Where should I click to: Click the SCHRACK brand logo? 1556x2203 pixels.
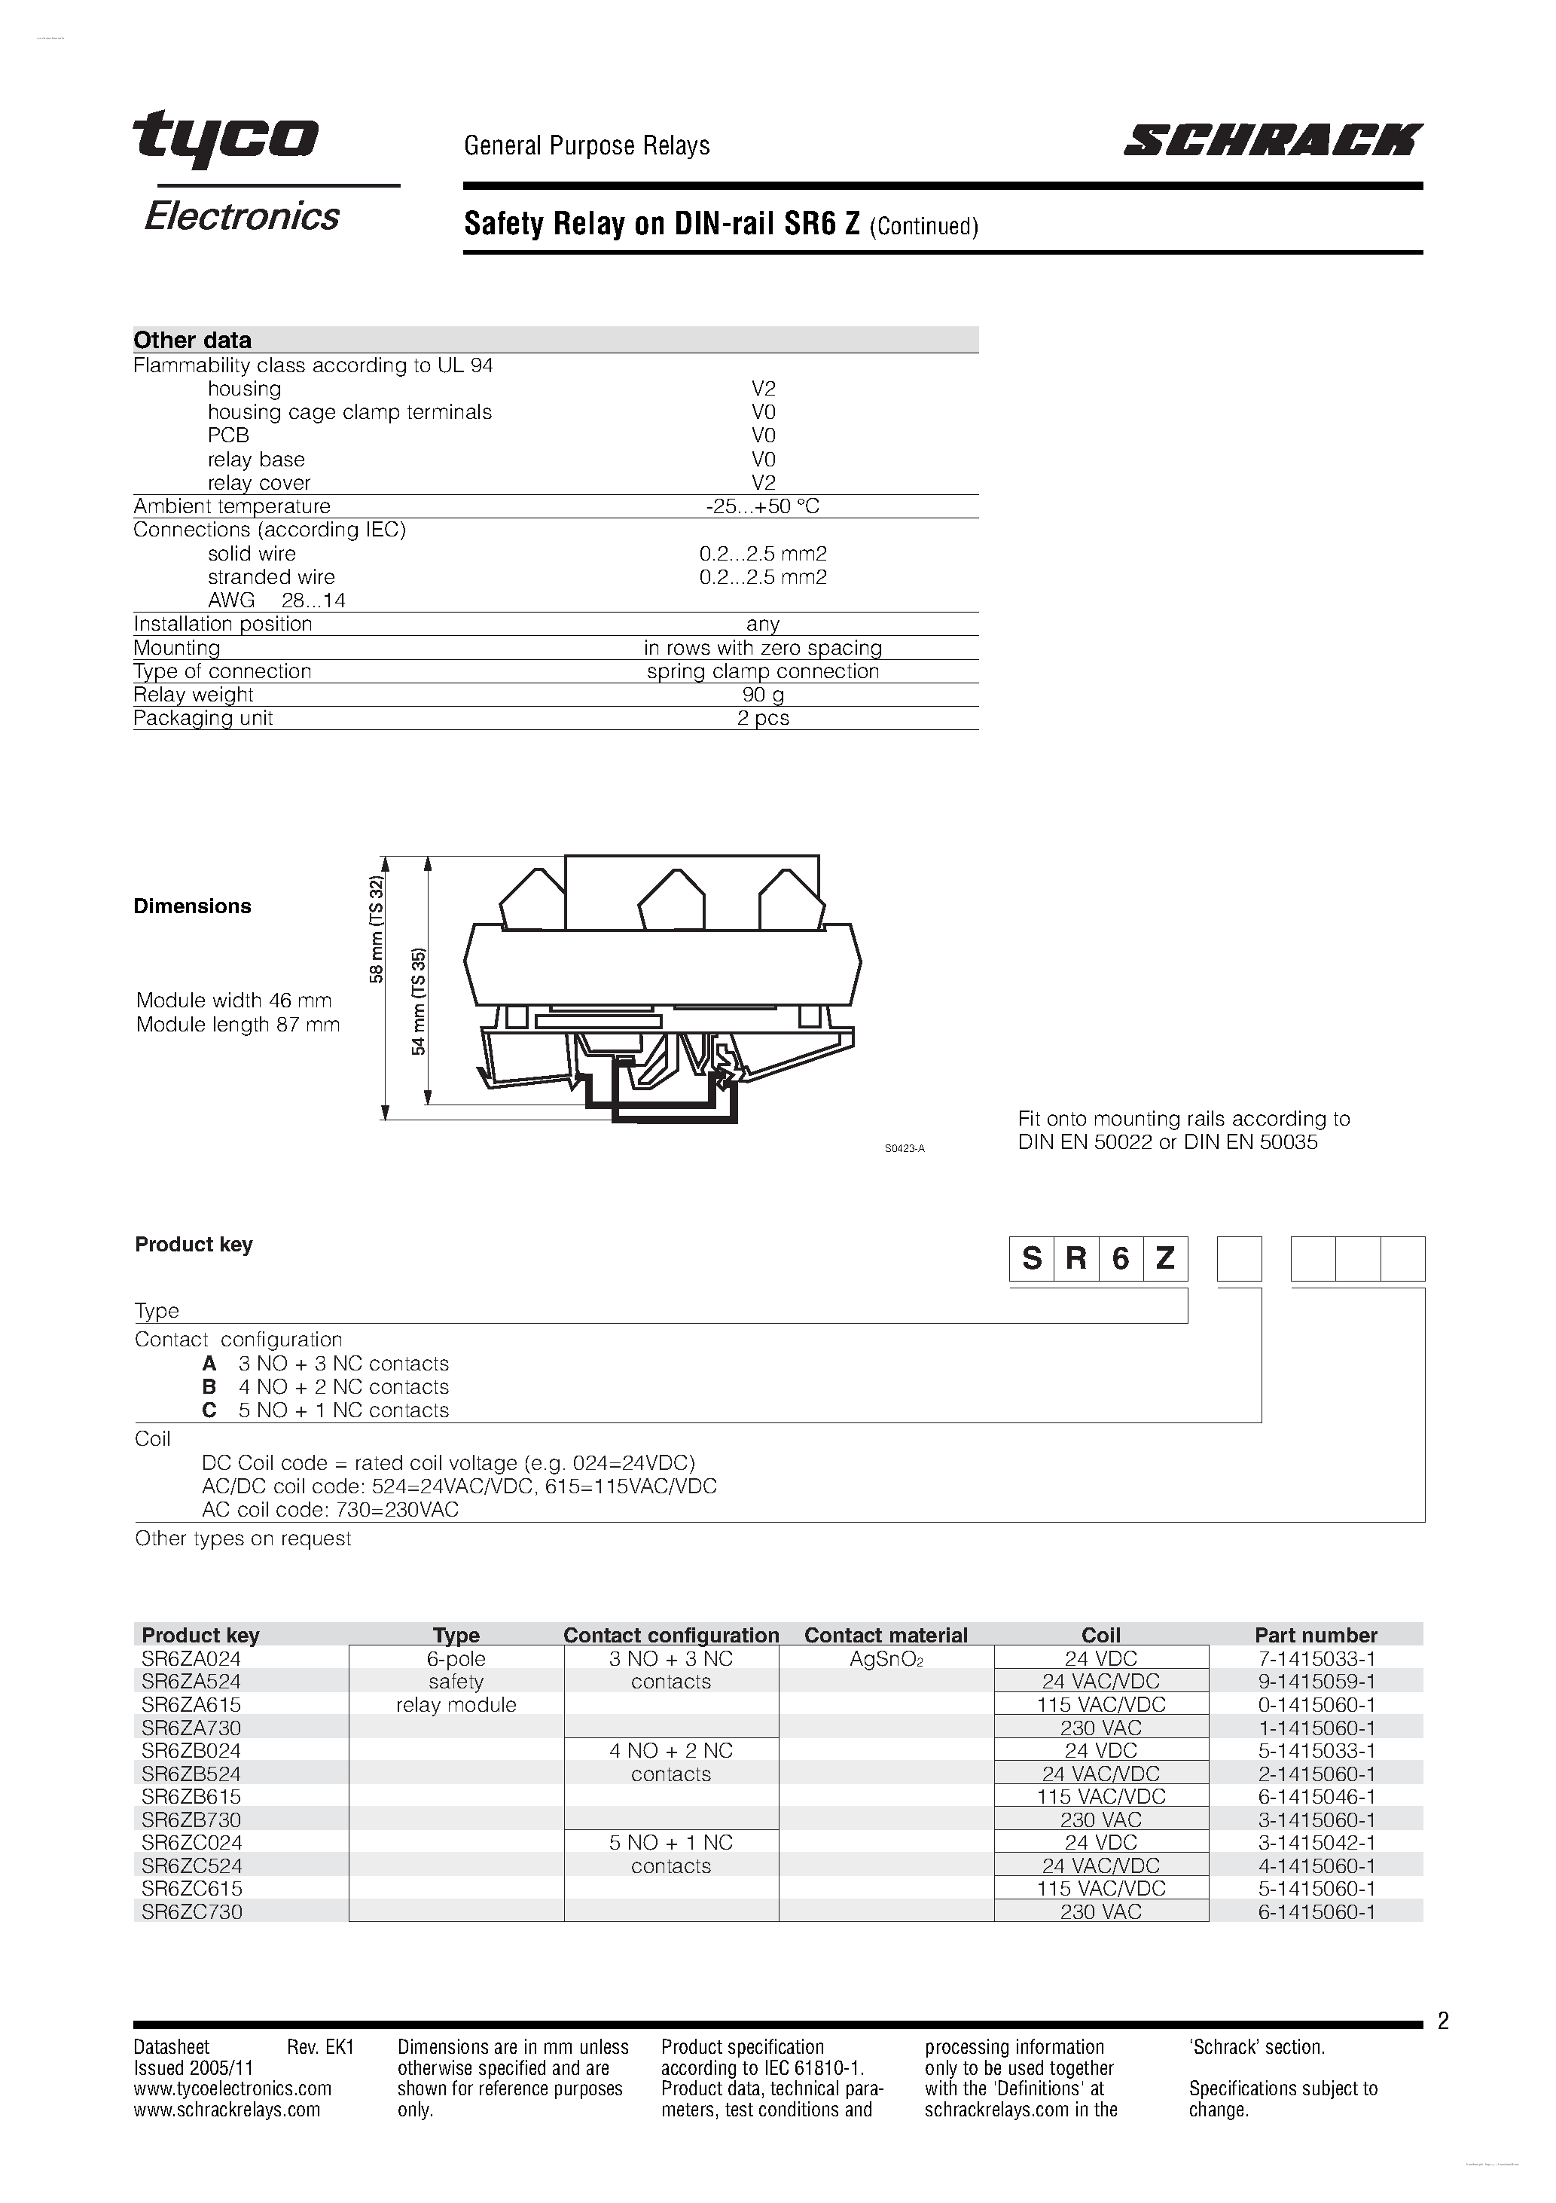[1272, 140]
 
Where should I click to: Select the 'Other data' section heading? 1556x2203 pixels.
[193, 340]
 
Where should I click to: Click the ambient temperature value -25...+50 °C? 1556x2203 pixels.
[763, 506]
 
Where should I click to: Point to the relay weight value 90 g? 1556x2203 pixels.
[763, 695]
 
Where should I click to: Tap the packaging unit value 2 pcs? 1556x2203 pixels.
[763, 719]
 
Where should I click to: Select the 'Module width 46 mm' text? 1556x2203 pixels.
[234, 1001]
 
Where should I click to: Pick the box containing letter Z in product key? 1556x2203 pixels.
[1164, 1258]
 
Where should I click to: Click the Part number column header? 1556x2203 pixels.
[1315, 1636]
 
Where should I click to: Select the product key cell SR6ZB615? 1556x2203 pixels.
[191, 1797]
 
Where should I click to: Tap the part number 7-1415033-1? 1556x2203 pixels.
[1315, 1659]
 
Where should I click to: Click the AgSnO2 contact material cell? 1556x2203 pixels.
[886, 1659]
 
